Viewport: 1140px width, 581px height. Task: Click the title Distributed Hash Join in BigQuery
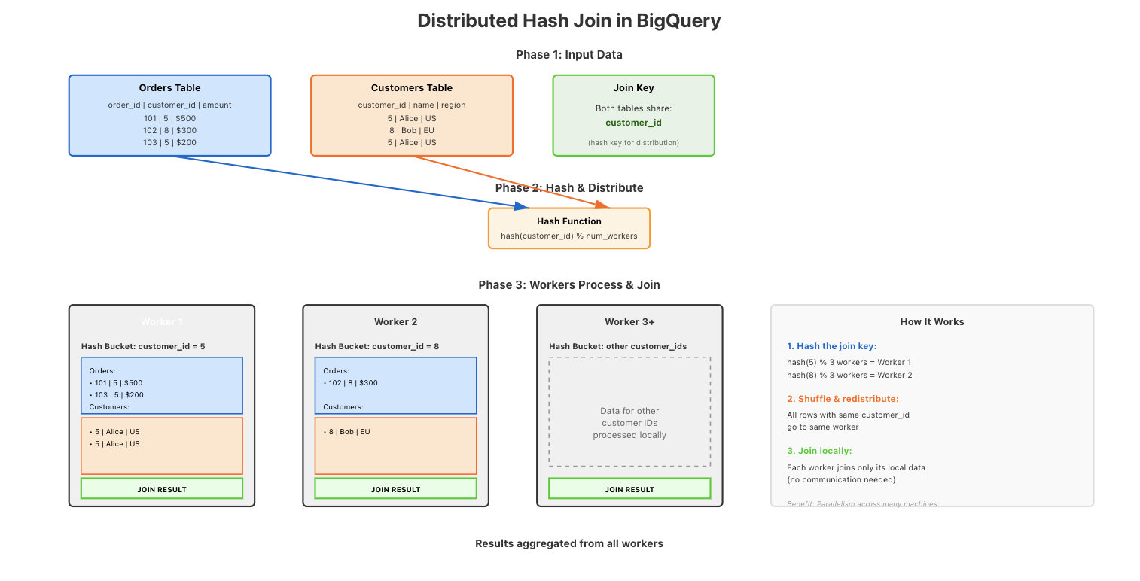click(569, 21)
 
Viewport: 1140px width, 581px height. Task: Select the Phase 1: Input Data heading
click(569, 55)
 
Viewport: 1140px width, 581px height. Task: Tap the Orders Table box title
click(169, 88)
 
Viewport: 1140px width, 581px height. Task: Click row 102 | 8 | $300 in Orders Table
click(169, 130)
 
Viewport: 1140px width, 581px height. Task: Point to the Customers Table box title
click(412, 88)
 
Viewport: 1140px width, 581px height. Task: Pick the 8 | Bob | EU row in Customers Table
click(412, 130)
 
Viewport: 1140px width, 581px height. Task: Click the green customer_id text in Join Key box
click(633, 122)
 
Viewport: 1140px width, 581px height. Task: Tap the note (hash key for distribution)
click(633, 142)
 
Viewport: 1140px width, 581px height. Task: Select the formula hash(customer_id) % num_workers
click(569, 236)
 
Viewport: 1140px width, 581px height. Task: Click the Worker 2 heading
click(395, 321)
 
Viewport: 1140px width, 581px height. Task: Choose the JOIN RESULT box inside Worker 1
click(162, 489)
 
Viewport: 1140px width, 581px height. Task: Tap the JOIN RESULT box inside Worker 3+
click(629, 489)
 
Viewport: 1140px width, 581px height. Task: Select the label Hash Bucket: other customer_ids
click(617, 346)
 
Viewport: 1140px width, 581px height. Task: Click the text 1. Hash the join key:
click(831, 346)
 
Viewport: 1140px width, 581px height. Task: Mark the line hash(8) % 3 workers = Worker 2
click(849, 375)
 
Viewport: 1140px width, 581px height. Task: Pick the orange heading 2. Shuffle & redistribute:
click(843, 398)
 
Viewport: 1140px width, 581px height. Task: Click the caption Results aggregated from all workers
click(569, 543)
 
